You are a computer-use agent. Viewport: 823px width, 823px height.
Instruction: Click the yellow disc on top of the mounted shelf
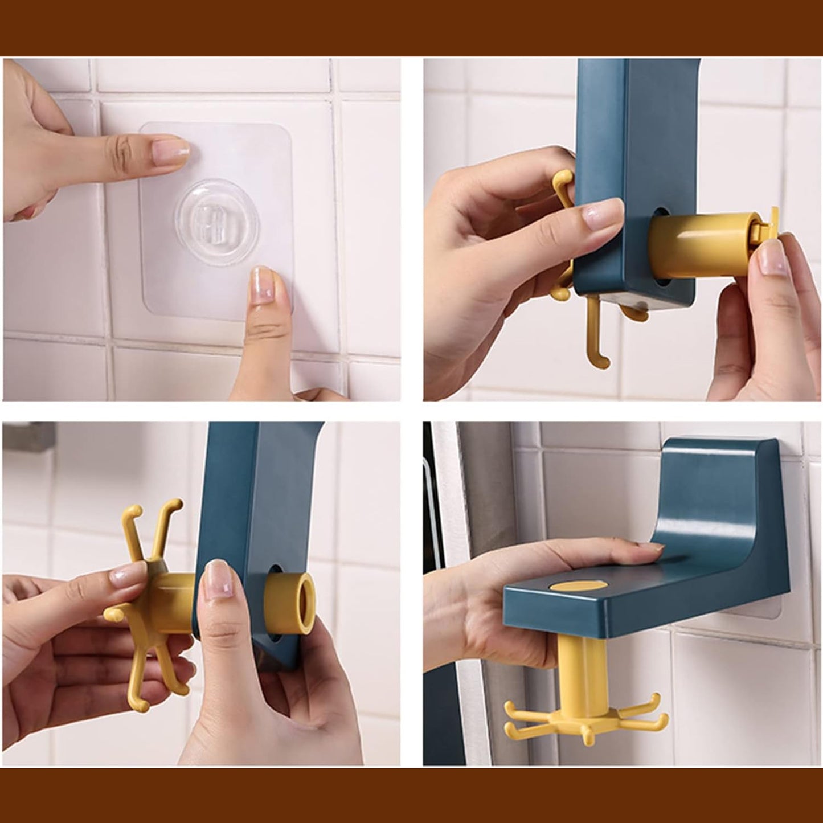pyautogui.click(x=578, y=588)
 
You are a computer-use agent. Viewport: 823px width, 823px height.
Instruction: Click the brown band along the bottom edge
pyautogui.click(x=411, y=795)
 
